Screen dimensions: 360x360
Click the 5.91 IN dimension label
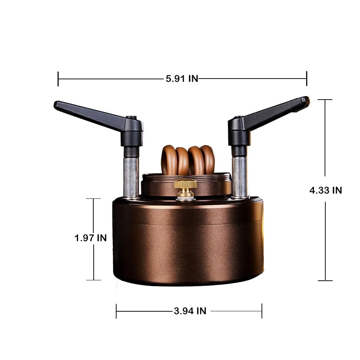coord(182,79)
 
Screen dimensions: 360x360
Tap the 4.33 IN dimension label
coord(326,190)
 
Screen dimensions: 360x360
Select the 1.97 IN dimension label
coord(90,238)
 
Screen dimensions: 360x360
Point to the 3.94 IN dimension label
coord(190,311)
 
